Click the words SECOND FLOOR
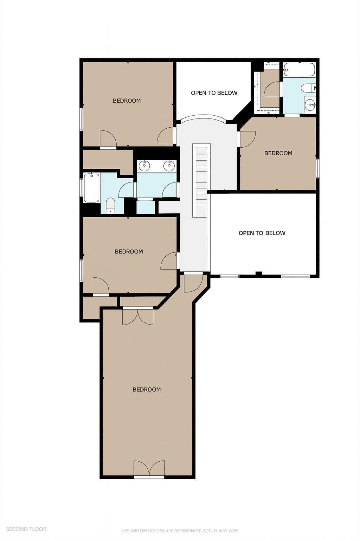tap(26, 529)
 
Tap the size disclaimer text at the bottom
tap(180, 531)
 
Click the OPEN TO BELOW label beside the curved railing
tap(214, 93)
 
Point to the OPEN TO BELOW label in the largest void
tap(262, 233)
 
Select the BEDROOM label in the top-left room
tap(127, 101)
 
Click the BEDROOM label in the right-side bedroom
tap(278, 153)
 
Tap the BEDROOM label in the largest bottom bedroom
tap(147, 389)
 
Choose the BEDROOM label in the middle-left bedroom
tap(129, 251)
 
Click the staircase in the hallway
tap(201, 181)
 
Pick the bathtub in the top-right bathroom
tap(299, 70)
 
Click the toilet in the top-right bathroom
tap(308, 88)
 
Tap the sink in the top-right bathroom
tap(310, 104)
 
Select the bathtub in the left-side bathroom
tap(92, 187)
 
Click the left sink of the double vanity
tap(144, 165)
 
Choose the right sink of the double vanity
tap(169, 165)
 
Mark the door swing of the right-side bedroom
tap(247, 139)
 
